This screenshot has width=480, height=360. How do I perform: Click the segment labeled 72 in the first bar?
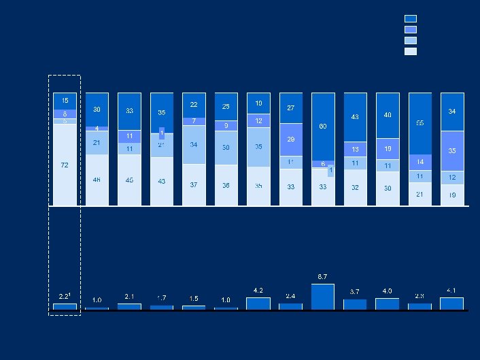[x=65, y=165]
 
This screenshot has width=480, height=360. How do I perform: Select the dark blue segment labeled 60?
[x=323, y=127]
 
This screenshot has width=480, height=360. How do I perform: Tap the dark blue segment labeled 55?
[x=419, y=123]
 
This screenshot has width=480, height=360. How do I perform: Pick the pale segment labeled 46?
[x=97, y=180]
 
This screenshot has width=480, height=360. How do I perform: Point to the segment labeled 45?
[x=129, y=180]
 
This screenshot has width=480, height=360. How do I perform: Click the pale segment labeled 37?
[x=194, y=184]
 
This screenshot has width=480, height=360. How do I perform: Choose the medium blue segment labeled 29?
[x=290, y=140]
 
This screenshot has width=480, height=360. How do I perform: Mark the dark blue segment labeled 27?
[x=290, y=108]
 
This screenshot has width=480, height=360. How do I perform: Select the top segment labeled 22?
[x=194, y=105]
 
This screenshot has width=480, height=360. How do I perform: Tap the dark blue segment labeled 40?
[x=388, y=115]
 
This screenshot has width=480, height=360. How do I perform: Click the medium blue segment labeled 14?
[x=419, y=161]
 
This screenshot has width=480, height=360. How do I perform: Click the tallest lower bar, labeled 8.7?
[x=323, y=297]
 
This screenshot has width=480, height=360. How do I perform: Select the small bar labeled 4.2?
[x=258, y=304]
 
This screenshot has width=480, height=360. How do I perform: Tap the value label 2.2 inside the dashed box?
[x=64, y=296]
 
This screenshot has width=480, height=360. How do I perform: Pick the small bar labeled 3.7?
[x=355, y=304]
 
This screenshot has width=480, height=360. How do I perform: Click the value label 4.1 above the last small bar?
[x=451, y=291]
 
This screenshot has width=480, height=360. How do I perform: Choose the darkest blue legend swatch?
[x=410, y=19]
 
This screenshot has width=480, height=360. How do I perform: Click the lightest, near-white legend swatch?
[x=410, y=51]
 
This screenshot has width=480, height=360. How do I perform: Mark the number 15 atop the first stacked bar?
[x=65, y=100]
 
